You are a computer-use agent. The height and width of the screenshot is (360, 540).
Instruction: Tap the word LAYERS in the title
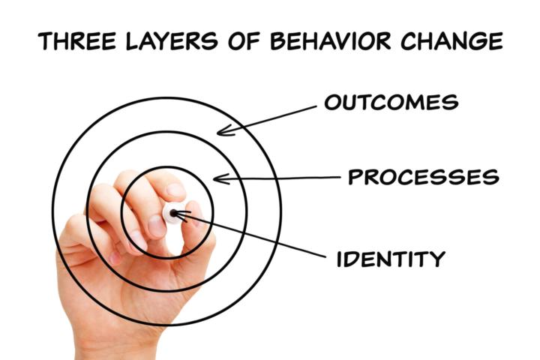[x=172, y=41]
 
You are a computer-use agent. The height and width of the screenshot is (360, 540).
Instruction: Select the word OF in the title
[x=244, y=41]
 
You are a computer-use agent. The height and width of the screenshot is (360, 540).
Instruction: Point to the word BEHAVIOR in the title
[x=330, y=41]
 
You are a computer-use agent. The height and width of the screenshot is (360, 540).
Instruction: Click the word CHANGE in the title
[x=451, y=41]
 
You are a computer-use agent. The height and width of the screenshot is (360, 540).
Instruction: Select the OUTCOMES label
[x=391, y=102]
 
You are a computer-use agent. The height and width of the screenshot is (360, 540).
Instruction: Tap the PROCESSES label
[x=423, y=177]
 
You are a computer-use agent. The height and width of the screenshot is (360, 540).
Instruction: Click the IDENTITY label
[x=391, y=259]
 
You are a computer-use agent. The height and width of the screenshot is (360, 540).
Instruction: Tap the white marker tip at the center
[x=172, y=213]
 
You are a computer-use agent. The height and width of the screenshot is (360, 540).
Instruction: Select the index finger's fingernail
[x=176, y=190]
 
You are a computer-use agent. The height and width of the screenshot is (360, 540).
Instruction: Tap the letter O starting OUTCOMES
[x=333, y=102]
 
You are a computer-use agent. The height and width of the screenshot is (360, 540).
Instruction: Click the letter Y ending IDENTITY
[x=437, y=259]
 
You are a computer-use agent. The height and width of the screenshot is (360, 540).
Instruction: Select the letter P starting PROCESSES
[x=355, y=177]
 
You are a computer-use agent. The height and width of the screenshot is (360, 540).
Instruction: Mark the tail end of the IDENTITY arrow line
[x=325, y=256]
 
